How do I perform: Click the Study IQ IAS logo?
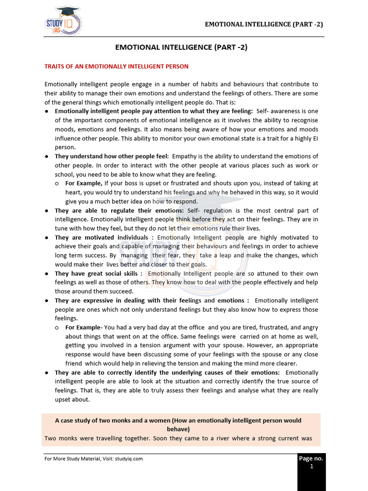(63, 22)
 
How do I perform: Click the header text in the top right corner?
(264, 24)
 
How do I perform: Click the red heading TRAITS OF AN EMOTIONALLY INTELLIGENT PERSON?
(116, 66)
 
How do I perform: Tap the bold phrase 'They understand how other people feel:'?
(112, 156)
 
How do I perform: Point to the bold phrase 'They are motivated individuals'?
(102, 237)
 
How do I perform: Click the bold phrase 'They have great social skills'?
(98, 273)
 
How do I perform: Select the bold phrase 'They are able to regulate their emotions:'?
(119, 210)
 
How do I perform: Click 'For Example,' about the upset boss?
(83, 183)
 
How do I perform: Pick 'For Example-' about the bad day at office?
(83, 327)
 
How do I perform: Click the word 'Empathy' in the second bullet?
(184, 156)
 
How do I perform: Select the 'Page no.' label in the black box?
(311, 458)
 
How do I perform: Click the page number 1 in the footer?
(311, 467)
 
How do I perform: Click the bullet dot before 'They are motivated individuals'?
(46, 238)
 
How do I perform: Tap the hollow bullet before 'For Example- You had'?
(57, 327)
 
